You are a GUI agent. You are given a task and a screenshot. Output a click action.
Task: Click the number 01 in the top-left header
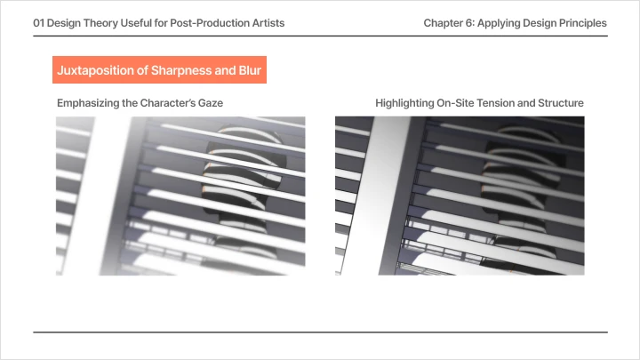[x=39, y=23]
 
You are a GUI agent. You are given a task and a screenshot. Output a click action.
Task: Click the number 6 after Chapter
[x=469, y=23]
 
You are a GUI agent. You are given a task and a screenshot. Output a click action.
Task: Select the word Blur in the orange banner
[x=250, y=70]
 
